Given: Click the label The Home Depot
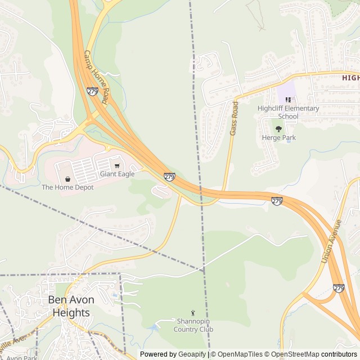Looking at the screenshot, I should [x=67, y=187].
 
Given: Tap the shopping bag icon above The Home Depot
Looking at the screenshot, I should [x=67, y=179].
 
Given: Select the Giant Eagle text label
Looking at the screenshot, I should [x=117, y=174].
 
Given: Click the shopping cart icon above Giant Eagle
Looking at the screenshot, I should [x=117, y=166].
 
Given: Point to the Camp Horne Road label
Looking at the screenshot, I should [x=96, y=76].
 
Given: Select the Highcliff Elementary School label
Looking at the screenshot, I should [x=288, y=112].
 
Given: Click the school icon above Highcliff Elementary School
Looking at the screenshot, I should [x=288, y=100].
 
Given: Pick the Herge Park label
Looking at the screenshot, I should [x=278, y=138].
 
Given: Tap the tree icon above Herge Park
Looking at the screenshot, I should [x=278, y=129].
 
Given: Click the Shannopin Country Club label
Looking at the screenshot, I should [x=193, y=326].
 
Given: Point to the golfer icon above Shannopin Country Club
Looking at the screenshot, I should [x=193, y=313].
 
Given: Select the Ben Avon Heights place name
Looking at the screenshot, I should [x=71, y=306].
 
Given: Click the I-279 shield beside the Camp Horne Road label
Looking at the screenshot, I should [x=92, y=91].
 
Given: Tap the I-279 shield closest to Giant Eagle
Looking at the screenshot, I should [x=169, y=177].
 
